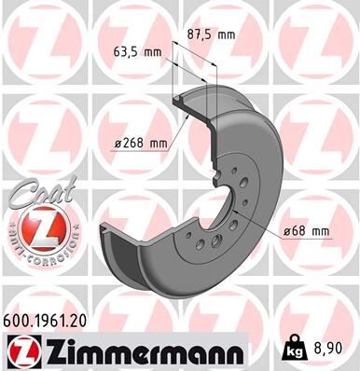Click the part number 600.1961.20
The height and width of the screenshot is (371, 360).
(x=56, y=319)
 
